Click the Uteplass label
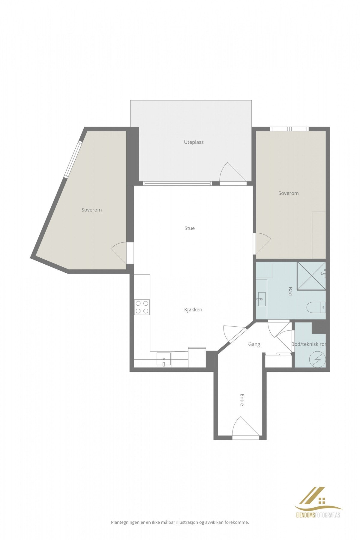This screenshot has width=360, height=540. [x=193, y=142]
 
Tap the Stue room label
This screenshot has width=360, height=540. [x=189, y=228]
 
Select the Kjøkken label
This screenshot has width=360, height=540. [x=193, y=310]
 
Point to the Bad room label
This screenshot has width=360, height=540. [x=290, y=291]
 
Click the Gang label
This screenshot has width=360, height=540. [x=254, y=344]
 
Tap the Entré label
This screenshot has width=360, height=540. [x=242, y=400]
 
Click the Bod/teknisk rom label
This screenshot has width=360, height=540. [x=308, y=344]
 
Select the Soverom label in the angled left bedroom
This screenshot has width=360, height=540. [x=91, y=210]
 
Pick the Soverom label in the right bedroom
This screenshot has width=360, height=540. [x=288, y=193]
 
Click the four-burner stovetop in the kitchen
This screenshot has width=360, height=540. [x=142, y=307]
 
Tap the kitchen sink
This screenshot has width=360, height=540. [x=163, y=359]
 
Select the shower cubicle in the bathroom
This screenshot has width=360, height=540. [x=311, y=276]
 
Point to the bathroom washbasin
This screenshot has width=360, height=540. [x=261, y=299]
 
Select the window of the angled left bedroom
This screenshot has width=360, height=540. [x=73, y=159]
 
